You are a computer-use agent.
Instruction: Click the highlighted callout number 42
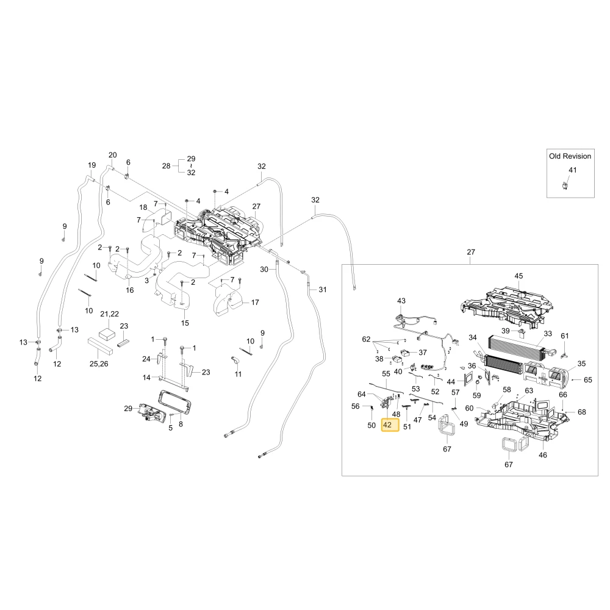click(x=387, y=425)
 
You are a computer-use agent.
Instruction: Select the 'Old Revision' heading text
click(x=570, y=156)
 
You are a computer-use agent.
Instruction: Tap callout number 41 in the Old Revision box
click(x=573, y=170)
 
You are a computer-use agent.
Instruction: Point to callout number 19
click(x=92, y=165)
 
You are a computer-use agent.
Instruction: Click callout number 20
click(x=112, y=155)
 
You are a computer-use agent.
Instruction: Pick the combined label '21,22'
click(x=109, y=314)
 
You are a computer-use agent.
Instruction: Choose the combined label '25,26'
click(x=99, y=364)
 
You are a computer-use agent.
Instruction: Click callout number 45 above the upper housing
click(x=518, y=276)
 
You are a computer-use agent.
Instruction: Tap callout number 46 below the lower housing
click(x=543, y=455)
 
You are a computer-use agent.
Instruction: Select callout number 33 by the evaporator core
click(x=548, y=334)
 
